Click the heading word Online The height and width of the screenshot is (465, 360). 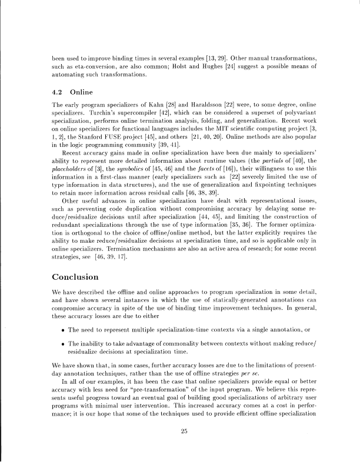(x=82, y=93)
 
